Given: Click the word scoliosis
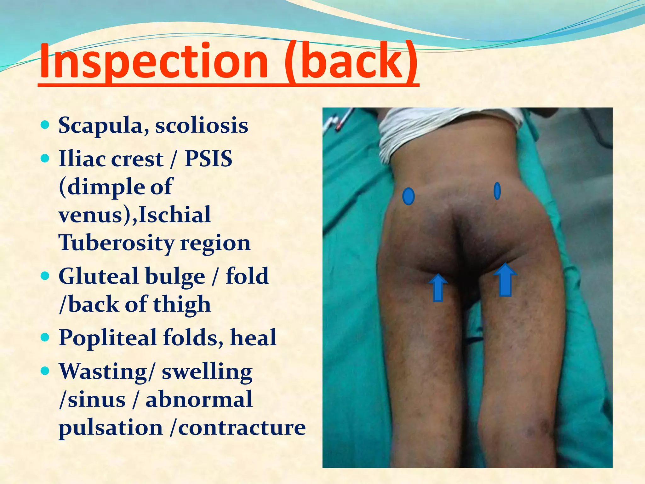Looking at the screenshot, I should (202, 125).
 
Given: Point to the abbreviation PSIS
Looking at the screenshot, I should (208, 158).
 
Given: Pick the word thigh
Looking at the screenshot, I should (182, 305).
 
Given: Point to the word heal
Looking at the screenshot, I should (253, 337).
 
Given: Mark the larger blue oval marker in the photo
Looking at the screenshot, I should (408, 196).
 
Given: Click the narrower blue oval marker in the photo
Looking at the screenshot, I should (497, 191).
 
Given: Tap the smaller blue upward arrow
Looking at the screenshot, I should (438, 287).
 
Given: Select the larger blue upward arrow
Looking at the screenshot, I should (505, 280).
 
